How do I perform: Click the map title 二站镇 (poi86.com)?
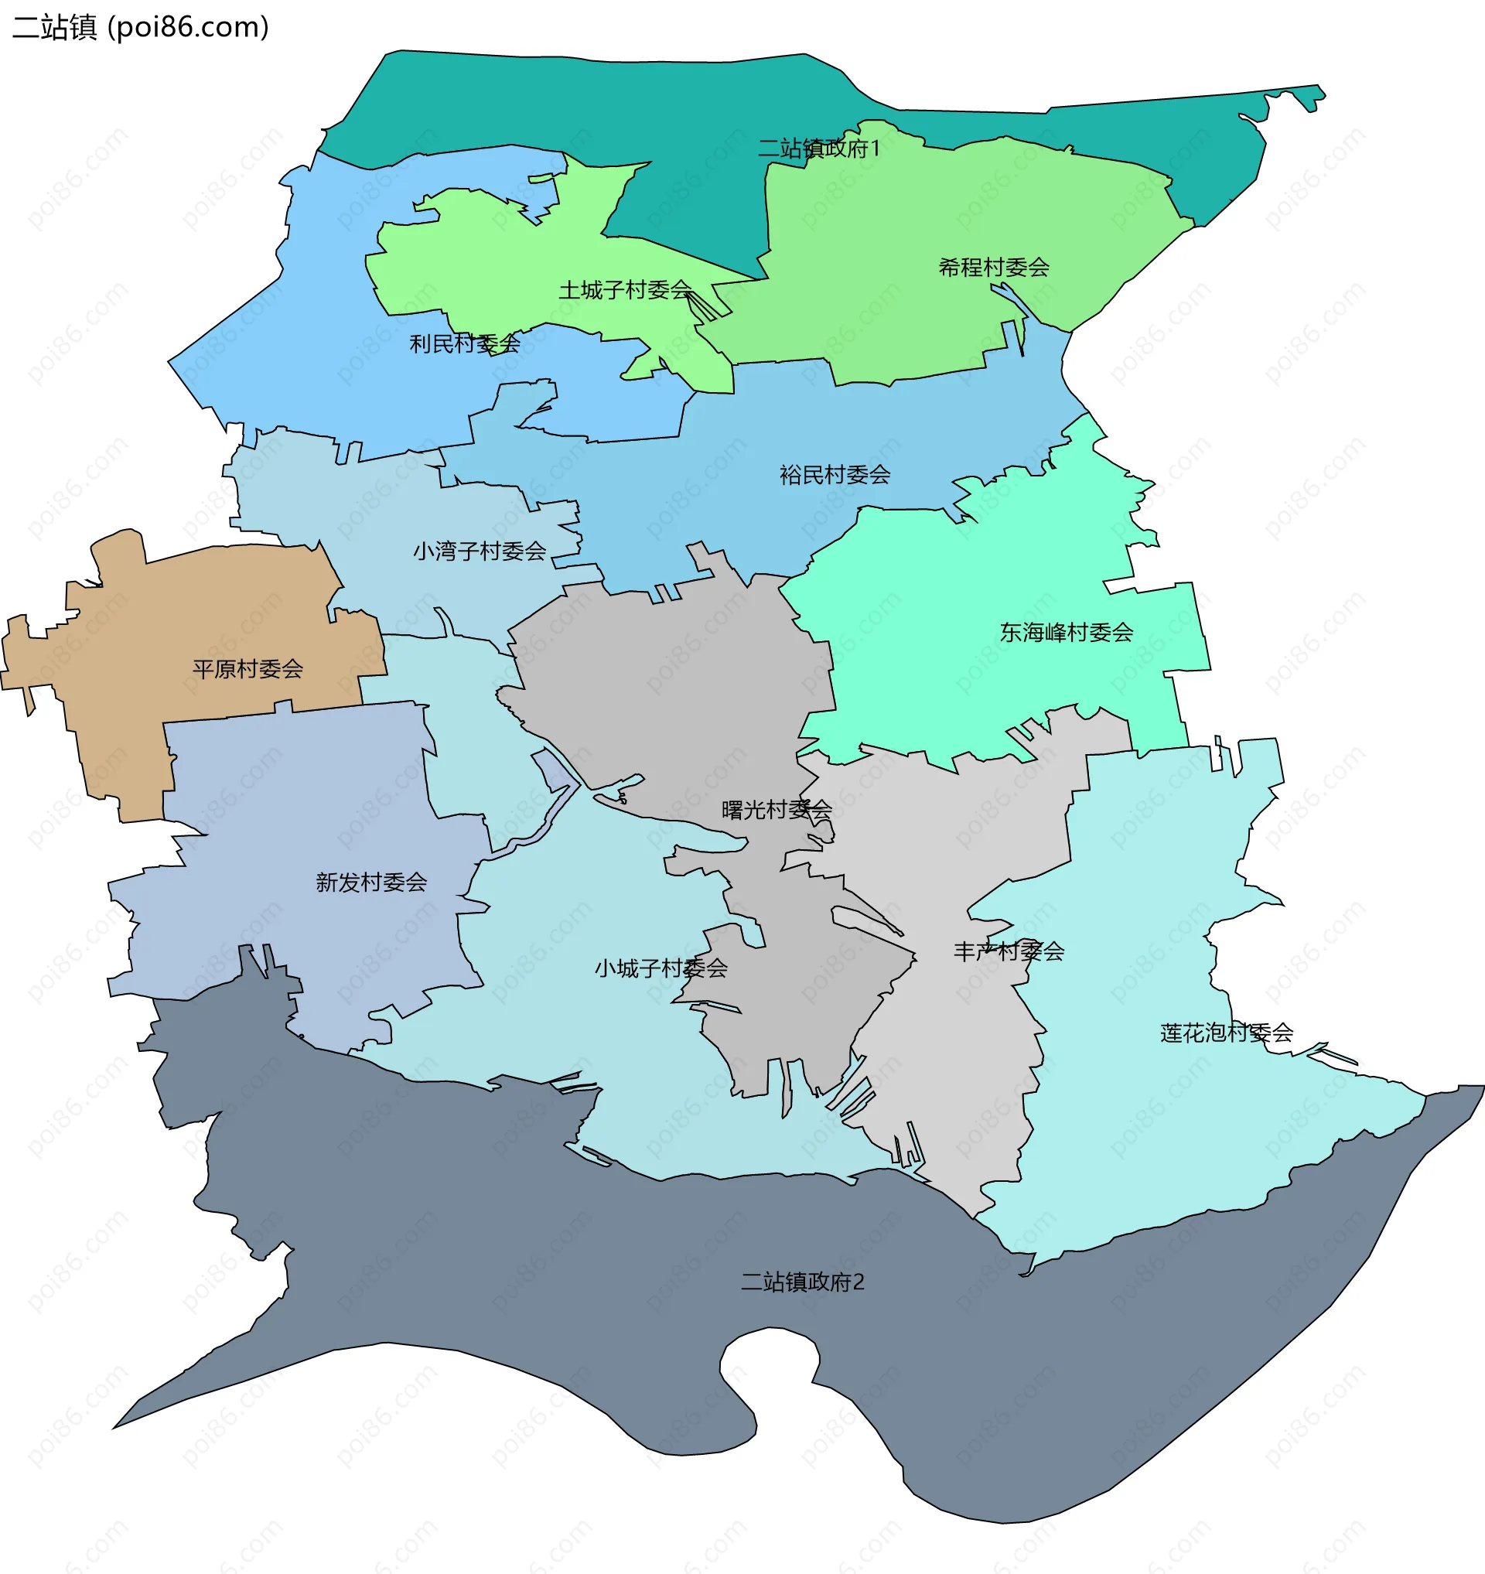(x=141, y=27)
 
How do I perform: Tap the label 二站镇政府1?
(x=818, y=148)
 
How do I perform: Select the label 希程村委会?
(x=993, y=268)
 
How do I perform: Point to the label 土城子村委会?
(x=625, y=290)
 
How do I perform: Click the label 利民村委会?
(x=465, y=343)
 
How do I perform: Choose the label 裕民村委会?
(x=835, y=474)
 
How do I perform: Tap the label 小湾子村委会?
(x=479, y=551)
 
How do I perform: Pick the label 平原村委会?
(x=247, y=669)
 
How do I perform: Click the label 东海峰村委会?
(x=1066, y=632)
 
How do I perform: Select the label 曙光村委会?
(x=777, y=809)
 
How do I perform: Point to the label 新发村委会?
(x=371, y=882)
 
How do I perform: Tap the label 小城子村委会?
(x=661, y=968)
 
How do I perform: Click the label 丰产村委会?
(x=1009, y=951)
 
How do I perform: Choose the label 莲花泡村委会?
(x=1226, y=1033)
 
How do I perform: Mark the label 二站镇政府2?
(x=802, y=1282)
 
